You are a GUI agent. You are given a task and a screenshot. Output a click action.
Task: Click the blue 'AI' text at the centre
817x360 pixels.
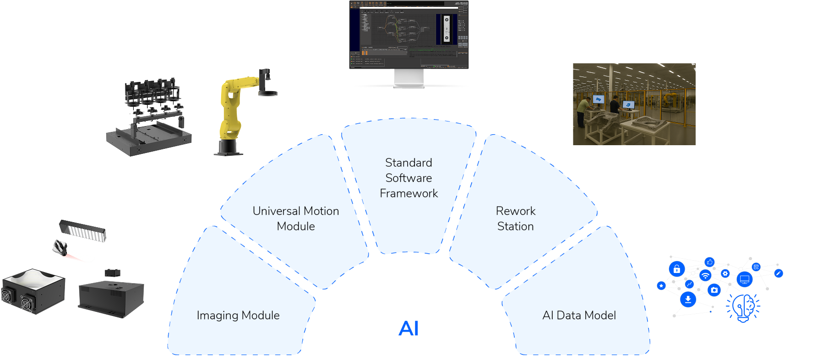click(x=408, y=328)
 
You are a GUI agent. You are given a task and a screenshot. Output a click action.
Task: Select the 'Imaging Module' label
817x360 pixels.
click(x=238, y=315)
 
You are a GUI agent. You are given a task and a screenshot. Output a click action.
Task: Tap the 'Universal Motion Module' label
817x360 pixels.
click(x=296, y=218)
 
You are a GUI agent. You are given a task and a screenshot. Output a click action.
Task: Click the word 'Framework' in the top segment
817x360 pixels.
click(x=408, y=193)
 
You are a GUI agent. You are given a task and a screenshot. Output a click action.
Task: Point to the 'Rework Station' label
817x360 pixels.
click(x=516, y=218)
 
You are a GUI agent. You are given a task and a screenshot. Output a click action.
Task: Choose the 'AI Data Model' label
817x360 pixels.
click(x=579, y=315)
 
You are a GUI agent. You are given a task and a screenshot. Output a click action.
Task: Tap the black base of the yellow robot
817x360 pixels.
click(x=229, y=147)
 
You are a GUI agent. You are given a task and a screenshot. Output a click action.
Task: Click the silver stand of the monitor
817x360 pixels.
click(x=409, y=78)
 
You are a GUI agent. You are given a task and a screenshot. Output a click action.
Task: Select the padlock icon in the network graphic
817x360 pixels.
click(x=676, y=269)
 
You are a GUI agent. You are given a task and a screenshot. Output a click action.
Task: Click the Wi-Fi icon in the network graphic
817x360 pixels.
click(x=705, y=275)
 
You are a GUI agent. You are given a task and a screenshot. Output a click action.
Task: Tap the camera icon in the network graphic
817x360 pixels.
click(x=714, y=289)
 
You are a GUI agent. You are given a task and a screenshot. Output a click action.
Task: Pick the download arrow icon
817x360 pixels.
click(x=687, y=300)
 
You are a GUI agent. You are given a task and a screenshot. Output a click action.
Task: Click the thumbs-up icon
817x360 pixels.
click(x=709, y=262)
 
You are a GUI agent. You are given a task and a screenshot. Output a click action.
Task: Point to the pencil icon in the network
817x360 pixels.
click(x=778, y=273)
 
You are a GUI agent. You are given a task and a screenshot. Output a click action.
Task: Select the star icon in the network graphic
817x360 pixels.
click(x=661, y=286)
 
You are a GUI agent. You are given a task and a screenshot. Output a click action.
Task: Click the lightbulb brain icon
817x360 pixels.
click(x=743, y=307)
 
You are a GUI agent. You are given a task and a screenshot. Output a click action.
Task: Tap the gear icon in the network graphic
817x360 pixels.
click(x=725, y=273)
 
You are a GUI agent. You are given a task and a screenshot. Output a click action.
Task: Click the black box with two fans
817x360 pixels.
click(x=33, y=292)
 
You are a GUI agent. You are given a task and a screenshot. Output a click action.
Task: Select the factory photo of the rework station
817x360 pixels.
click(x=634, y=104)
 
